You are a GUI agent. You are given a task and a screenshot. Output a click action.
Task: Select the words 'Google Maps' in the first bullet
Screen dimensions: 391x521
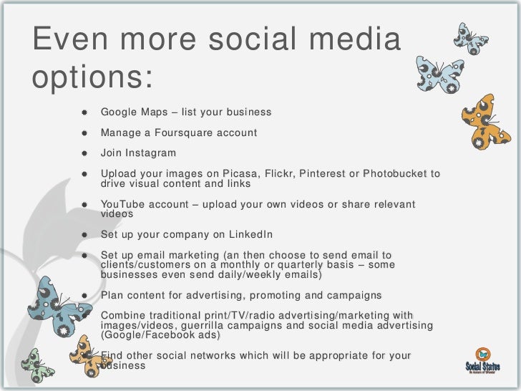point(132,112)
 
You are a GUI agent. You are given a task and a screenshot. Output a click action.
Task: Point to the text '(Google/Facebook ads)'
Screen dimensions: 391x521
point(161,335)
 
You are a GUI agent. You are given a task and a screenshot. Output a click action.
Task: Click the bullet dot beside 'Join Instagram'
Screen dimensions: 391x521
point(84,153)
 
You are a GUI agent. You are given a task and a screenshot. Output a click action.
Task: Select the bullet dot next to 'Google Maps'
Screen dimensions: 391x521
point(84,112)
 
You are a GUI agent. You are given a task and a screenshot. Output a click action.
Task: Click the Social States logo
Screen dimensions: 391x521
point(482,358)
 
